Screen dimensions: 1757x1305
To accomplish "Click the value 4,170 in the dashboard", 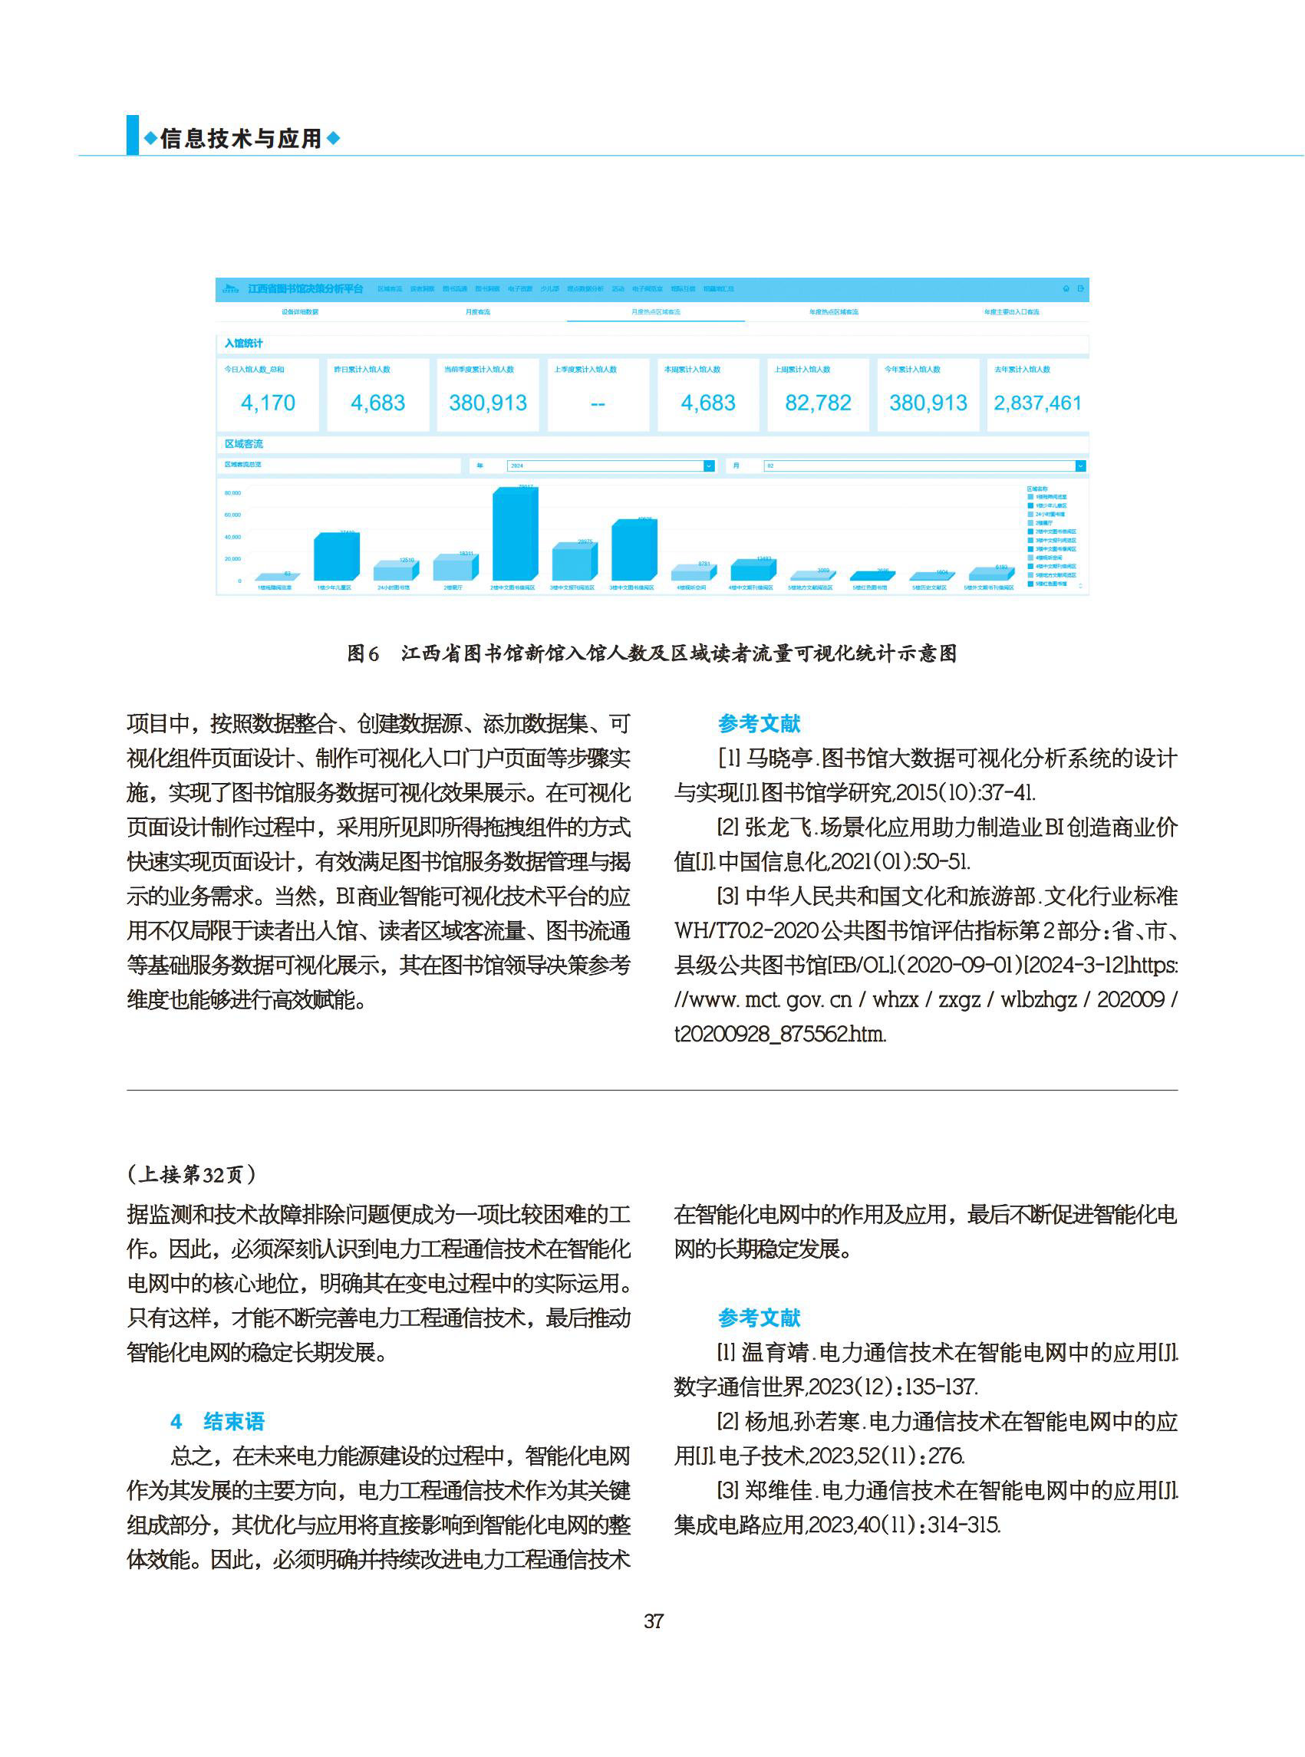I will [x=268, y=403].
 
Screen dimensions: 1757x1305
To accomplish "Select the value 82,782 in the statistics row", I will [x=818, y=403].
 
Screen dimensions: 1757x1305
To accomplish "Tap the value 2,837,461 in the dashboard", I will [x=1037, y=403].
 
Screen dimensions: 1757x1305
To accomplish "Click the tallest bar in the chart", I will [x=514, y=535].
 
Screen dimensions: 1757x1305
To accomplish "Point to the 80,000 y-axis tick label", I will [x=232, y=493].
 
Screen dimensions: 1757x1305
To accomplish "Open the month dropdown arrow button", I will [x=1080, y=466].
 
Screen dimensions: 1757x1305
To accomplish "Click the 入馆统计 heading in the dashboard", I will [x=243, y=344].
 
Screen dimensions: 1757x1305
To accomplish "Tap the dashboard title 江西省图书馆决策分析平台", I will [x=305, y=289].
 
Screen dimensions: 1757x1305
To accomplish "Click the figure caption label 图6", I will [x=363, y=654].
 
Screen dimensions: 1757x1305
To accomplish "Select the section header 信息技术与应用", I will [x=241, y=139].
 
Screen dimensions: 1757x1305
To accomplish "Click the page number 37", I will [x=654, y=1621].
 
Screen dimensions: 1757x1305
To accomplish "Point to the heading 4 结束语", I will [x=218, y=1421].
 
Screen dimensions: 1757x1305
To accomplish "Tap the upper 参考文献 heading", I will [x=758, y=723].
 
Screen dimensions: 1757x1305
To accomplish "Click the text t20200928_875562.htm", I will [x=779, y=1034].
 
